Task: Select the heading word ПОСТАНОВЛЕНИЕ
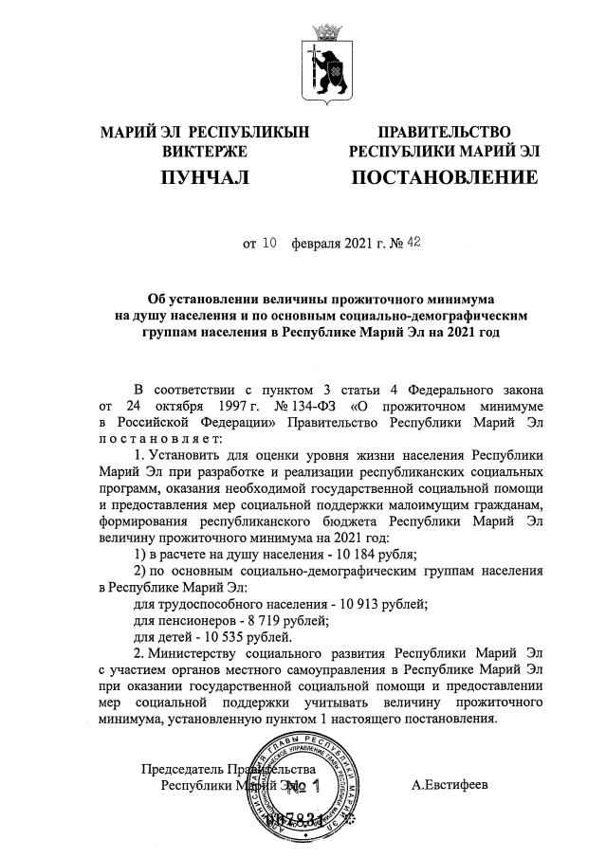click(x=445, y=177)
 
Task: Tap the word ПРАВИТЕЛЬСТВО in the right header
click(x=445, y=132)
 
